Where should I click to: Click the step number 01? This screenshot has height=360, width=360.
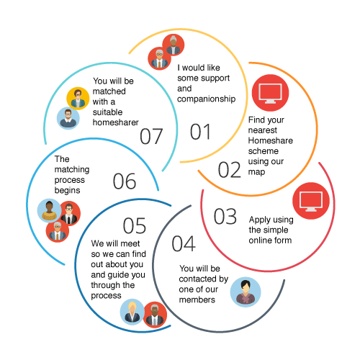(201, 132)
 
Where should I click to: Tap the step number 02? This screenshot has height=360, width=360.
(230, 170)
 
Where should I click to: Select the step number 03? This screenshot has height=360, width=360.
(225, 216)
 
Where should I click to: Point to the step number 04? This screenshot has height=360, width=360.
(184, 243)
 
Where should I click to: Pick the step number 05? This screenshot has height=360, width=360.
(135, 225)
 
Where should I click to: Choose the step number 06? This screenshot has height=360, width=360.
(125, 181)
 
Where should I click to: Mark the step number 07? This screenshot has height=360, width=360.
(151, 136)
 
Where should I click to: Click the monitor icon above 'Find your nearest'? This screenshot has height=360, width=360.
(270, 93)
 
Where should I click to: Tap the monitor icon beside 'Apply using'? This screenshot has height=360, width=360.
(311, 201)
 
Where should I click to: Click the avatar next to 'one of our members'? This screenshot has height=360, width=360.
(246, 292)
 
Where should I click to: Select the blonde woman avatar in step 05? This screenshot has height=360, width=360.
(132, 312)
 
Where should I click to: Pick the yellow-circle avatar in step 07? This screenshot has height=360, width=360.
(78, 99)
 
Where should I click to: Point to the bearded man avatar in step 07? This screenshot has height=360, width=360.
(68, 118)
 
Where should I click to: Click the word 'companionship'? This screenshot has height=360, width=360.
(206, 99)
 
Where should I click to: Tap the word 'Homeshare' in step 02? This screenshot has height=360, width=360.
(271, 140)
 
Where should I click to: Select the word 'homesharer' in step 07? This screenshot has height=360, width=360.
(116, 122)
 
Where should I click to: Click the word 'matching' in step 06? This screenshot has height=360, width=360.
(72, 170)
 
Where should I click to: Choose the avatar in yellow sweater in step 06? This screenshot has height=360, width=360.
(50, 210)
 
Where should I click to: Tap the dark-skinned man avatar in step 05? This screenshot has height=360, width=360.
(155, 315)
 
